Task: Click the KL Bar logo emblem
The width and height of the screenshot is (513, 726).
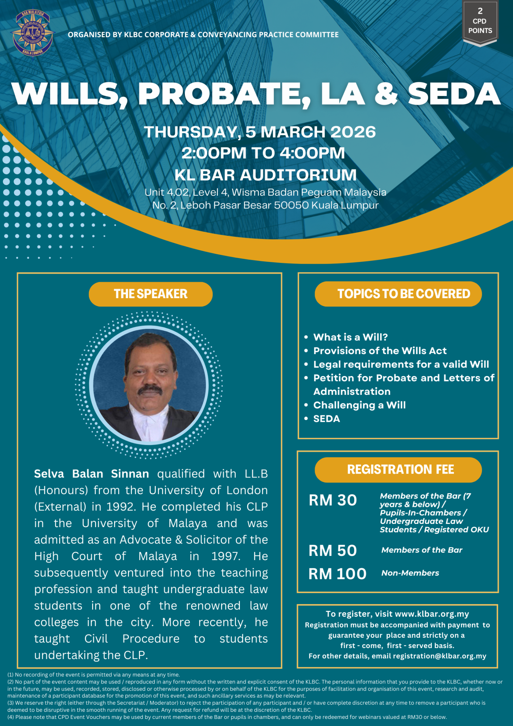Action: pos(32,33)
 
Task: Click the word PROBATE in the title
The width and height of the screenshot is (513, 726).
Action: pos(224,94)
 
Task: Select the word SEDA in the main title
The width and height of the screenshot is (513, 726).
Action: pos(454,94)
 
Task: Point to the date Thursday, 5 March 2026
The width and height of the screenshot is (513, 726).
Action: pos(260,132)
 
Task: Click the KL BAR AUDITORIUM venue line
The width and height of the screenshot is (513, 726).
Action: pos(265,175)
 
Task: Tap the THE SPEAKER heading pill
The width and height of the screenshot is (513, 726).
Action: pos(151,294)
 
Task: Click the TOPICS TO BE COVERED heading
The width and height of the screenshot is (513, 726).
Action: pos(398,294)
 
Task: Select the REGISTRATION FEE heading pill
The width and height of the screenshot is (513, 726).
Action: pos(398,469)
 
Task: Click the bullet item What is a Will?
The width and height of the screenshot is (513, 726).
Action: pos(350,337)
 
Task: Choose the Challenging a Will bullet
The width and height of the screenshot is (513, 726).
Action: pos(359,405)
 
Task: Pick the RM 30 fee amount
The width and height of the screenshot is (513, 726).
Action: pos(333,500)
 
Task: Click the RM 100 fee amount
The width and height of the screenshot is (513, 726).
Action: pos(337,574)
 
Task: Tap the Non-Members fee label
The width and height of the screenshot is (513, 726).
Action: pos(410,573)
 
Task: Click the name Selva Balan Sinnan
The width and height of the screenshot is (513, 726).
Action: pos(91,474)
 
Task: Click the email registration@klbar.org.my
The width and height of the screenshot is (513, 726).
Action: pos(439,656)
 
